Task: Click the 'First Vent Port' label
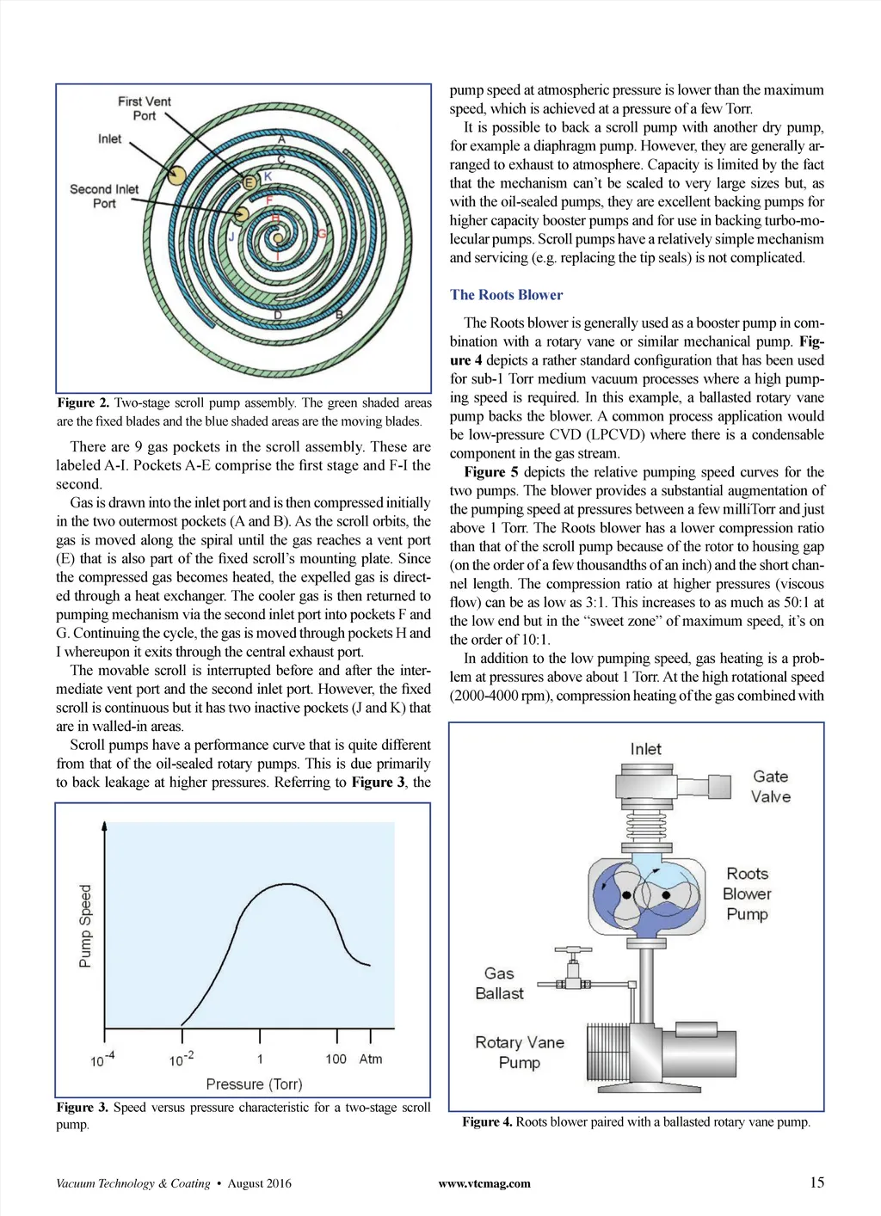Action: (x=145, y=108)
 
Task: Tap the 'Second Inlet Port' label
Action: (x=104, y=196)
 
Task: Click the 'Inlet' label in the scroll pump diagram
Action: (x=109, y=138)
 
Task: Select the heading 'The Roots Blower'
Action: (x=506, y=295)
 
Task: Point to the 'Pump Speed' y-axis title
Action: (x=85, y=926)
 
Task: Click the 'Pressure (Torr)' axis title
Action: (x=254, y=1084)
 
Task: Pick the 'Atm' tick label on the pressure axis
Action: (x=371, y=1059)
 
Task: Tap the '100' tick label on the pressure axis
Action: (x=336, y=1059)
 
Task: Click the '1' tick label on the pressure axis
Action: (x=260, y=1059)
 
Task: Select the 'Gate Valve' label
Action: (x=770, y=786)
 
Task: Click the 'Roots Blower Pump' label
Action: (x=747, y=894)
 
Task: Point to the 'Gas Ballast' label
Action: (x=499, y=983)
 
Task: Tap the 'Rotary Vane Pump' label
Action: (x=520, y=1052)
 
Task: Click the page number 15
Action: (x=816, y=1182)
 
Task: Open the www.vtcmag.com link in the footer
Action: (x=484, y=1183)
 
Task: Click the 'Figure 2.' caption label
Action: (x=83, y=402)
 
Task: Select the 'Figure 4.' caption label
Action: (x=487, y=1121)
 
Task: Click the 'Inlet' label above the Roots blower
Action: (x=645, y=749)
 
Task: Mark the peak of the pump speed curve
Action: (x=285, y=884)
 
